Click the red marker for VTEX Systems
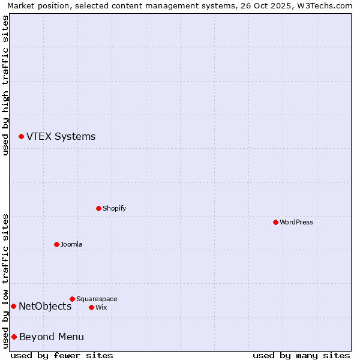click(x=21, y=137)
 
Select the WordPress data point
click(x=275, y=222)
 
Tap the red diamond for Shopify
click(x=98, y=208)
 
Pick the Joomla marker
click(x=56, y=244)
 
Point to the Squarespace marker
click(x=72, y=299)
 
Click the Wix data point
click(x=91, y=307)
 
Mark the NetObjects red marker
click(x=13, y=307)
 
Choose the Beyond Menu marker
click(x=14, y=337)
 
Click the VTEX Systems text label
click(x=61, y=136)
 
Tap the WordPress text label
click(x=296, y=222)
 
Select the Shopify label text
click(x=114, y=208)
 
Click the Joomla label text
click(x=71, y=244)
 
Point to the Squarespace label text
click(x=97, y=299)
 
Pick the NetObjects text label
click(x=45, y=307)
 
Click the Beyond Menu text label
click(x=52, y=337)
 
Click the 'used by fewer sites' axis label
click(x=62, y=355)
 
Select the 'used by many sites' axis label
click(x=301, y=355)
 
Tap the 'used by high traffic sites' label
click(x=5, y=85)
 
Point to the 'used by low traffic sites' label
click(x=5, y=280)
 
